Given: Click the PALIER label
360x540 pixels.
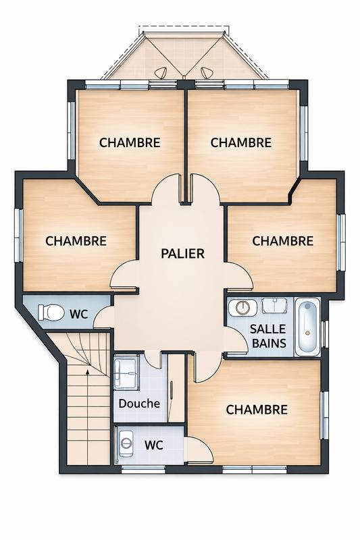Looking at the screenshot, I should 182,254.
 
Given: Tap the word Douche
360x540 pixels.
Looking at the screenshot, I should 139,404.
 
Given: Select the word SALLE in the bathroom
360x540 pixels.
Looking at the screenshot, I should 268,329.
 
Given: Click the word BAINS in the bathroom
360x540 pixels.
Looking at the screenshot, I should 268,344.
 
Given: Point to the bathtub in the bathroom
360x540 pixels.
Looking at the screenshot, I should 307,327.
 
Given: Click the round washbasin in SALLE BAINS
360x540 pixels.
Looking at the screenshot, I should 242,308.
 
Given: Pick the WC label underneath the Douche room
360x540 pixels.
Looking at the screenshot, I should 154,446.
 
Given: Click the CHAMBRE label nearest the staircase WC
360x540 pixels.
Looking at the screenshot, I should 76,240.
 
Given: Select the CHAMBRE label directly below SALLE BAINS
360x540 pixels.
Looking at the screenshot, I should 257,410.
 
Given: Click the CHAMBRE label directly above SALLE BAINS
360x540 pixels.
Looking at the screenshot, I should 282,240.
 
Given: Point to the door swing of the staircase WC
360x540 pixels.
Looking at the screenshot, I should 103,317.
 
